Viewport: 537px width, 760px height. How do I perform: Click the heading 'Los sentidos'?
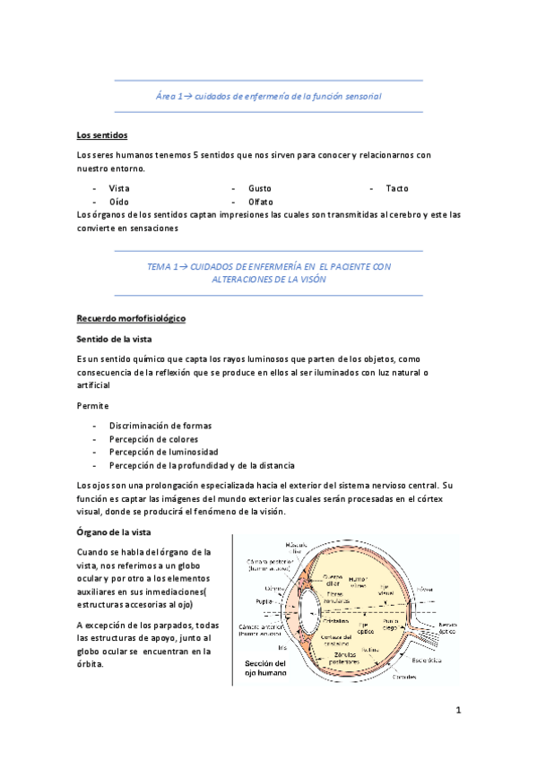[102, 135]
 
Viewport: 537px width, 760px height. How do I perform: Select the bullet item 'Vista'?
[119, 188]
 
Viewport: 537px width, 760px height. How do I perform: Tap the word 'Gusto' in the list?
[260, 188]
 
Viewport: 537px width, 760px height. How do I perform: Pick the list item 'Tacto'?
[397, 188]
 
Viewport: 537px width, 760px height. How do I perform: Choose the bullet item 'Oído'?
[118, 202]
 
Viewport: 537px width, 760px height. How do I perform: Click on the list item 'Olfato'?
[261, 202]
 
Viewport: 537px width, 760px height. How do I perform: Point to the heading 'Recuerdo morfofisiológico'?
[131, 318]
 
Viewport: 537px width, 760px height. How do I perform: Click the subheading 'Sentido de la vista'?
[115, 339]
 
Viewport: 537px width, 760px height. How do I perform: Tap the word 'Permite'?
[92, 405]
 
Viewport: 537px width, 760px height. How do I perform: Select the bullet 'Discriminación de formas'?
[160, 425]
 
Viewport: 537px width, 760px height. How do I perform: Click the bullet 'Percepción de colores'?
[153, 438]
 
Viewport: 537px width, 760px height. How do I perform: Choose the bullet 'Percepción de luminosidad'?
[163, 452]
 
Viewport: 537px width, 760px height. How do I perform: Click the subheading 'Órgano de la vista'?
[113, 531]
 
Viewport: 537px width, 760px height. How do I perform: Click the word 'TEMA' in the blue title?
[158, 266]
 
